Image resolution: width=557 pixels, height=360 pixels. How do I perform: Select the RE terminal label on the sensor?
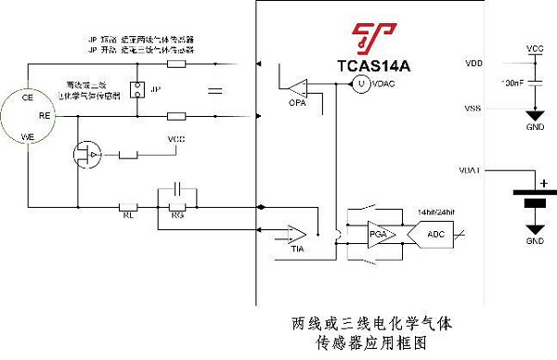[x=44, y=117]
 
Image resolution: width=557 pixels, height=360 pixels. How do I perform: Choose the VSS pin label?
[x=473, y=109]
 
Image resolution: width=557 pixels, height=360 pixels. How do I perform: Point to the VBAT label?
[x=470, y=172]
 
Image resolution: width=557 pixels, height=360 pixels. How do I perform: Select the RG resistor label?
[x=180, y=217]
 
